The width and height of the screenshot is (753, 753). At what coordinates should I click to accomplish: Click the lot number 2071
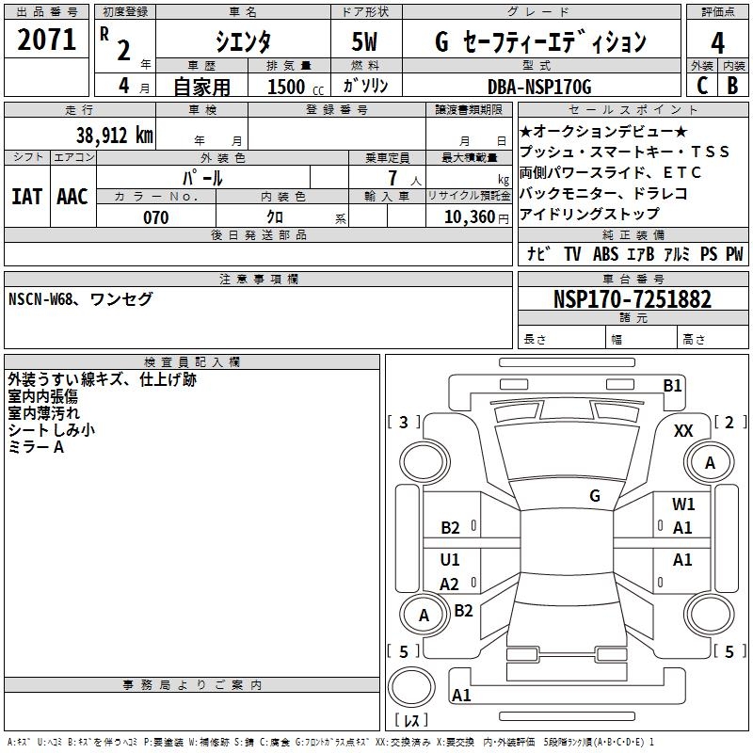pos(47,40)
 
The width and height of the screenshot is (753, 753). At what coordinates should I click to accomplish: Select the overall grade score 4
pos(718,42)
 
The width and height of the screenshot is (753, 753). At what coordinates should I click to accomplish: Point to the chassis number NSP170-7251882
pos(633,299)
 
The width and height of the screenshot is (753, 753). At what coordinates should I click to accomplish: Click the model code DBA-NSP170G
pos(539,87)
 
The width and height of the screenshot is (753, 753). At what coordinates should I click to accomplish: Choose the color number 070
pos(155,217)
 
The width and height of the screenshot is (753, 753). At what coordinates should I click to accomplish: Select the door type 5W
pos(365,42)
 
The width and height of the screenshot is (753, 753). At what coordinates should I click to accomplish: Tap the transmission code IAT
pos(26,197)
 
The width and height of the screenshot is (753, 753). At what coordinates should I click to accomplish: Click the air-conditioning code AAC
pos(72,197)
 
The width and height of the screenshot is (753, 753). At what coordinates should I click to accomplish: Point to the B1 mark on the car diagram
pos(672,385)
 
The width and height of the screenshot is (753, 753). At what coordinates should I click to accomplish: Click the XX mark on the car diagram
pos(684,430)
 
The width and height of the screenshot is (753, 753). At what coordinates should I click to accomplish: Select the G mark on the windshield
pos(595,495)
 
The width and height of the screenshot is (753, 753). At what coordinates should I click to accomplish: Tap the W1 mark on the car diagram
pos(683,505)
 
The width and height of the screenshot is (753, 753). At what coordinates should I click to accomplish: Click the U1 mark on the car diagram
pos(450,560)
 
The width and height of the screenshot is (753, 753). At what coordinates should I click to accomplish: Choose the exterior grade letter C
pos(701,87)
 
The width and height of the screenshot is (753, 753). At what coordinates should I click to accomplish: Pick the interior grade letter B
pos(732,87)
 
